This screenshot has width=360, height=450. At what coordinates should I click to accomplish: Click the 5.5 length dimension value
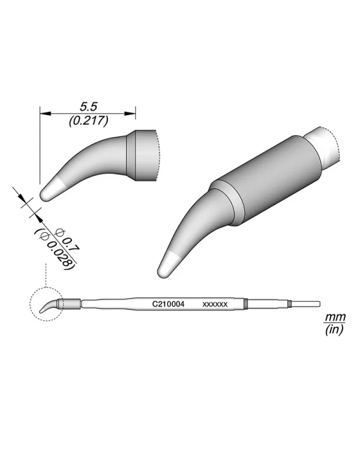point(88,105)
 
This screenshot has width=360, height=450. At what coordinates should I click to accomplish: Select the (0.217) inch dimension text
point(88,120)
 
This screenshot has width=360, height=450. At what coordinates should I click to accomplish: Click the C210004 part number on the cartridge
point(168,304)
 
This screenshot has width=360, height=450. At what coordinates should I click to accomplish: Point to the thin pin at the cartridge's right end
point(305,304)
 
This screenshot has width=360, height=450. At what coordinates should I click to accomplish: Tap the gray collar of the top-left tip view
point(144,156)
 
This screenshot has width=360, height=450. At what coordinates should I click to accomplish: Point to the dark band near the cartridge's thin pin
point(289,304)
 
